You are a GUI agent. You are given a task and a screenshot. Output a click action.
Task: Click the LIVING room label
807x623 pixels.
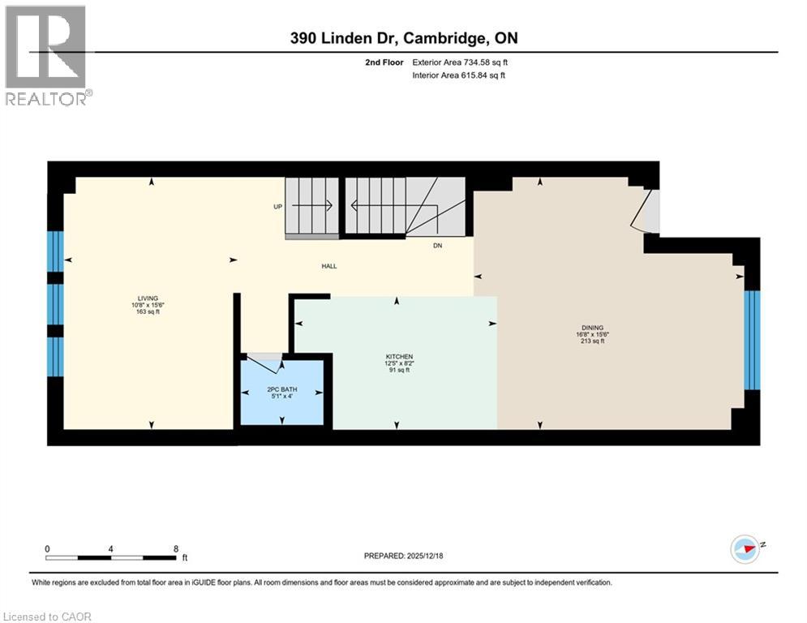pyautogui.click(x=148, y=298)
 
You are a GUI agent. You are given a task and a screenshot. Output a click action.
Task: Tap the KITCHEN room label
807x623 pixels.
pyautogui.click(x=399, y=357)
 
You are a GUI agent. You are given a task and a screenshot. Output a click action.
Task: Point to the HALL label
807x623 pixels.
pyautogui.click(x=328, y=266)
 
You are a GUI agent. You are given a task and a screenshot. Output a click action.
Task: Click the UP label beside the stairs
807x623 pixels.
pyautogui.click(x=277, y=207)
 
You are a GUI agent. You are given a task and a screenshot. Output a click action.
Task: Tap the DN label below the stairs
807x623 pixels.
pyautogui.click(x=437, y=246)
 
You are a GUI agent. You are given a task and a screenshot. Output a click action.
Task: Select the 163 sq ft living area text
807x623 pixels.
pyautogui.click(x=148, y=311)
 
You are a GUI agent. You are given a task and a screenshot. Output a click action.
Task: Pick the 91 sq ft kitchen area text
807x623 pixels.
pyautogui.click(x=399, y=371)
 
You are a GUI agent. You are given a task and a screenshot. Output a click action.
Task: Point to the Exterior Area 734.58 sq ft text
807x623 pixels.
pyautogui.click(x=460, y=62)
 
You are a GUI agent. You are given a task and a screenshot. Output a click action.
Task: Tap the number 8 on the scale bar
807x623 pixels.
pyautogui.click(x=176, y=548)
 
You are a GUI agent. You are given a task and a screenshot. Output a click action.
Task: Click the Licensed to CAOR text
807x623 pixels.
pyautogui.click(x=48, y=617)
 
